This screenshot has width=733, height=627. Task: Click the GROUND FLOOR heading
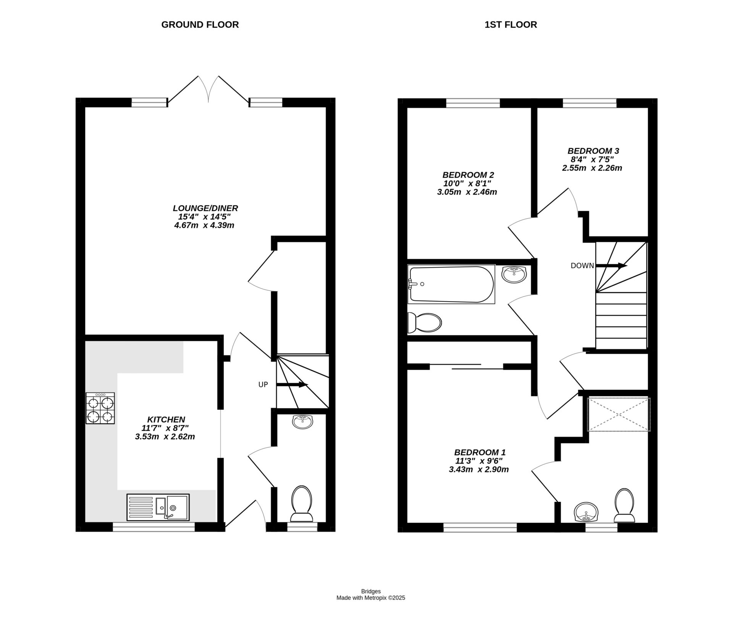(200, 25)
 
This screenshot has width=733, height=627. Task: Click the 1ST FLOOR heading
(511, 25)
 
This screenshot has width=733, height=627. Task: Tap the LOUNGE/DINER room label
(205, 208)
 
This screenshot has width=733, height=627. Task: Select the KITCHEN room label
(166, 420)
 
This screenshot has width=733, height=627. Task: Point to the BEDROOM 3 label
(593, 151)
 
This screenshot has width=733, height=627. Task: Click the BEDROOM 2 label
(468, 175)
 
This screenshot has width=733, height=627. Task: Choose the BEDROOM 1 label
(480, 452)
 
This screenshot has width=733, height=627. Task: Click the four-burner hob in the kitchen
(100, 408)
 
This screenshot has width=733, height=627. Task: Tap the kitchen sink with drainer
(158, 507)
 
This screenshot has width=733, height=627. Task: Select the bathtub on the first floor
(451, 284)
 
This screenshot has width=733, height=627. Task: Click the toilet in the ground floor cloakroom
(302, 504)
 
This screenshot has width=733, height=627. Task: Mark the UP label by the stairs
(263, 385)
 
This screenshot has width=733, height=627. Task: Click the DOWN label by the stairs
(582, 266)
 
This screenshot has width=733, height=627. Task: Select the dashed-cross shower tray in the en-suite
(618, 414)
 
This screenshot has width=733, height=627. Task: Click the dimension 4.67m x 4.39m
(204, 225)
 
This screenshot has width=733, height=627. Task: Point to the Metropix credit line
(370, 598)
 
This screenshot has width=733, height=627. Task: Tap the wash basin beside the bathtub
(514, 274)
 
